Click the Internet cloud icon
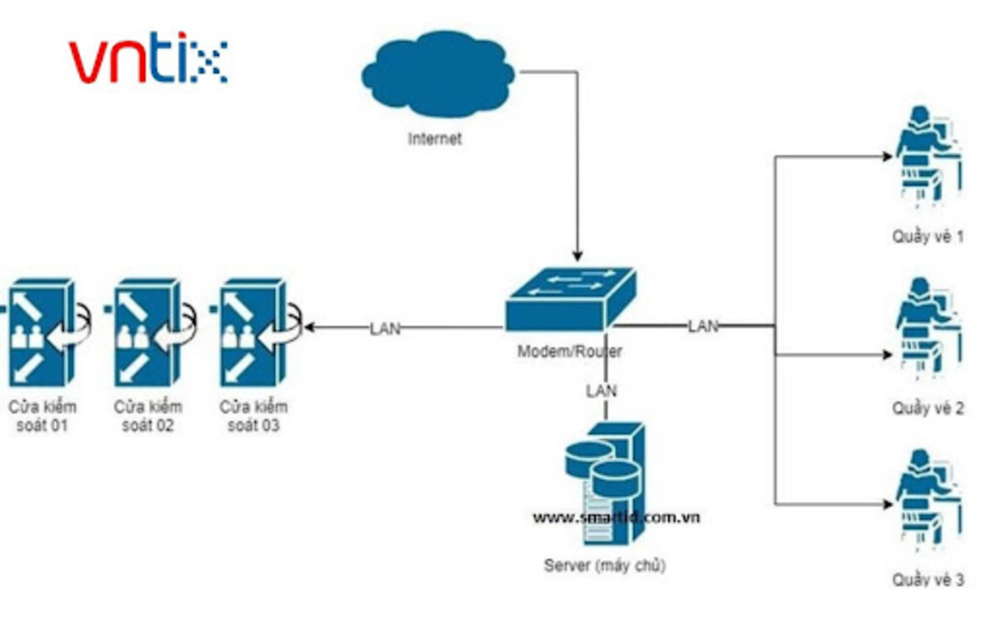tap(437, 75)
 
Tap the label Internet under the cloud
tap(435, 139)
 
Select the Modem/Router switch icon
tap(571, 298)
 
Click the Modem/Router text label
tap(570, 351)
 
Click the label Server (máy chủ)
tap(605, 566)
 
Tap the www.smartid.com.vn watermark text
tap(616, 517)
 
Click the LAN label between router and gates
tap(384, 329)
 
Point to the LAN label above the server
tap(601, 389)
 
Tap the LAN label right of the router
tap(702, 326)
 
